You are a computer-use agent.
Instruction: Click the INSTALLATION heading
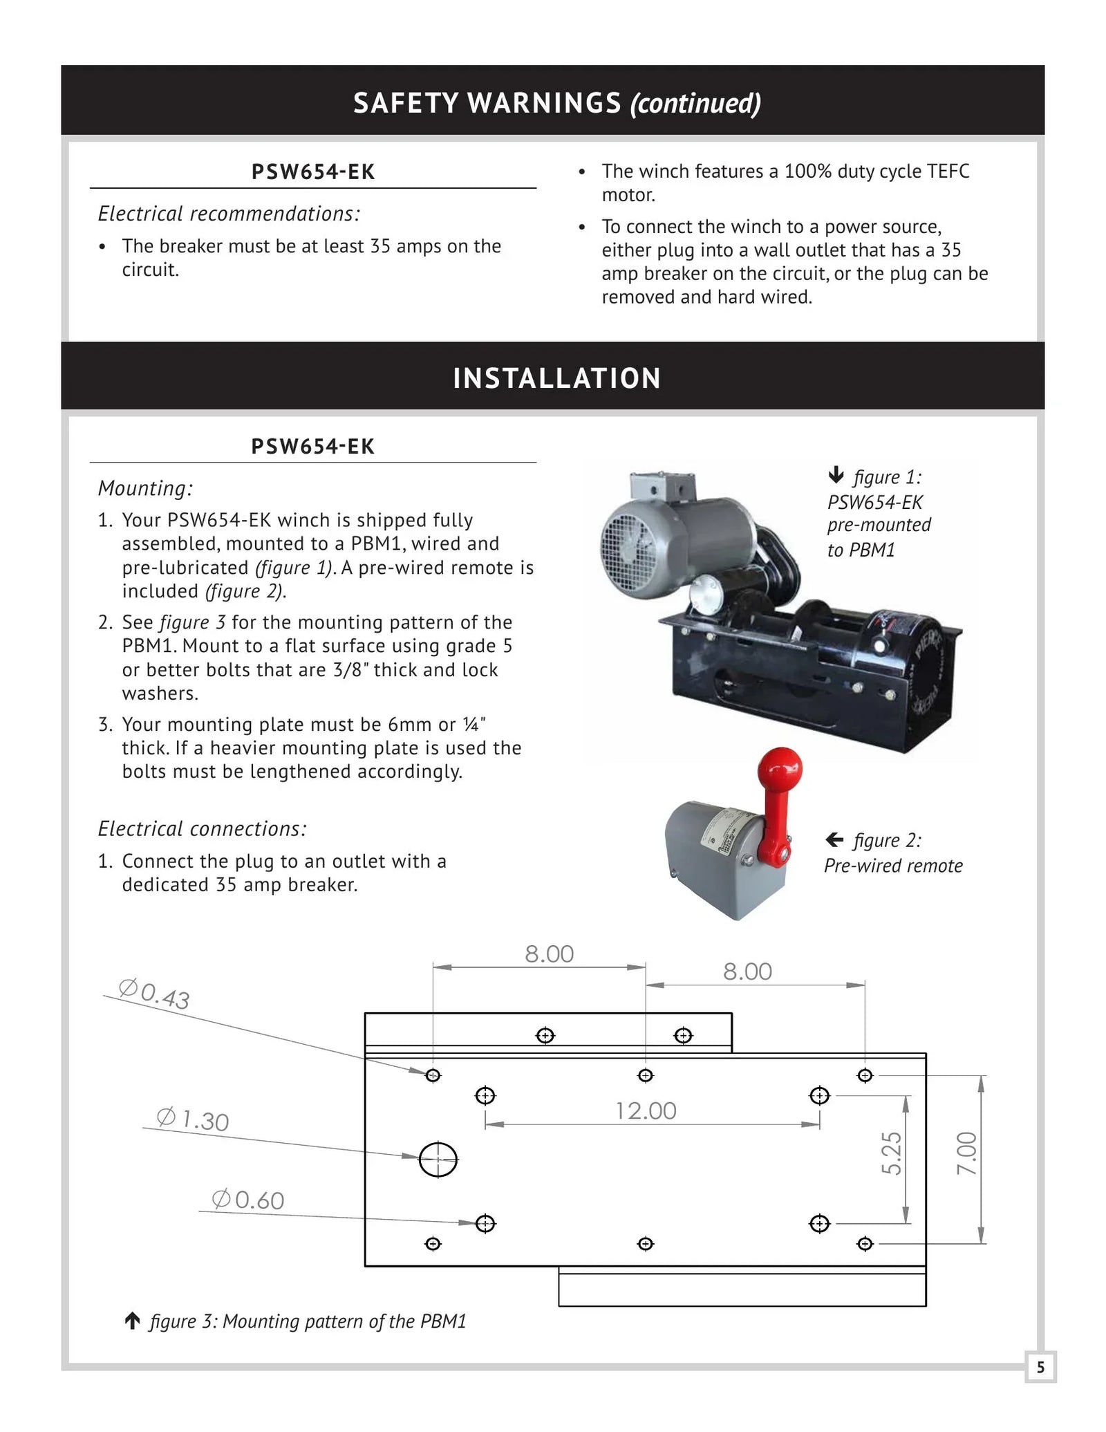556,378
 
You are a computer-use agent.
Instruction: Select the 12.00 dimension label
646,1111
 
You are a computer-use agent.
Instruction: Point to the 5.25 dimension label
892,1153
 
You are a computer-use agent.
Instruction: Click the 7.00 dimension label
966,1153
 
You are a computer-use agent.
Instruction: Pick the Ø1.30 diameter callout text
193,1119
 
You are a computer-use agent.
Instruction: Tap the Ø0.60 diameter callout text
248,1200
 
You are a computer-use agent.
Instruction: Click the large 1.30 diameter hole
438,1160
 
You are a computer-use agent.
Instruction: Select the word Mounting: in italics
145,488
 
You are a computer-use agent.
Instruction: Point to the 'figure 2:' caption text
887,840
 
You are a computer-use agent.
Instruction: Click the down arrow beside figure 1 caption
836,475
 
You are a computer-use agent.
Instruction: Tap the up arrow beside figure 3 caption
132,1321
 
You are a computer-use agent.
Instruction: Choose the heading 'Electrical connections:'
202,828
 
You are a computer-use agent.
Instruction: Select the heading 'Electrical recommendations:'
229,214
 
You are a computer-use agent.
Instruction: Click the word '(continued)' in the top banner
695,103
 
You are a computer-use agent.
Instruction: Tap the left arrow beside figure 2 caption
834,840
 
